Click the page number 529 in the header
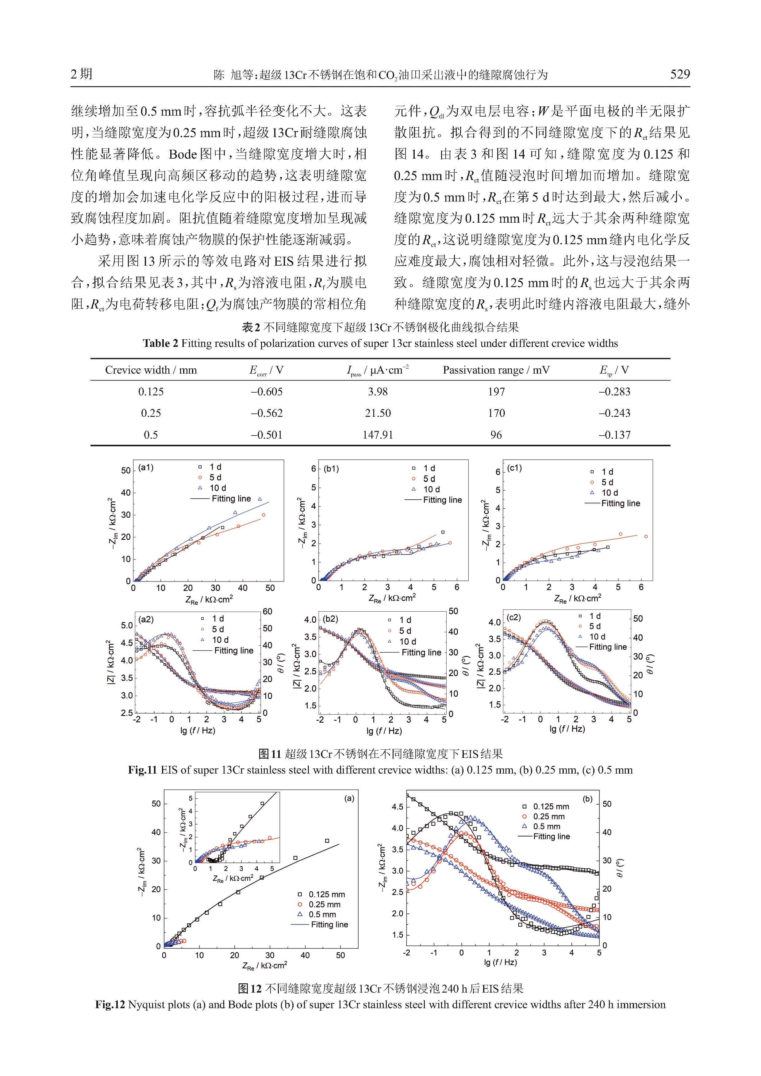(x=680, y=74)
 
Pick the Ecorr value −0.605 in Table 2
(x=267, y=391)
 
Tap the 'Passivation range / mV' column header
(x=496, y=370)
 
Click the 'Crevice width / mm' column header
(x=151, y=370)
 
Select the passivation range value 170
(x=496, y=413)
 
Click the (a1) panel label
(x=146, y=468)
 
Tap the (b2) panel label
(x=330, y=619)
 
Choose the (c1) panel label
(x=514, y=468)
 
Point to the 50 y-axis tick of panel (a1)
(x=125, y=470)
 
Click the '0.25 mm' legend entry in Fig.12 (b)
(x=549, y=817)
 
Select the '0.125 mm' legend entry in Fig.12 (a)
(x=327, y=894)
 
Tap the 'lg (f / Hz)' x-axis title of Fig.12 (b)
(x=501, y=962)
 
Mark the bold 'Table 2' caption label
(x=160, y=344)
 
